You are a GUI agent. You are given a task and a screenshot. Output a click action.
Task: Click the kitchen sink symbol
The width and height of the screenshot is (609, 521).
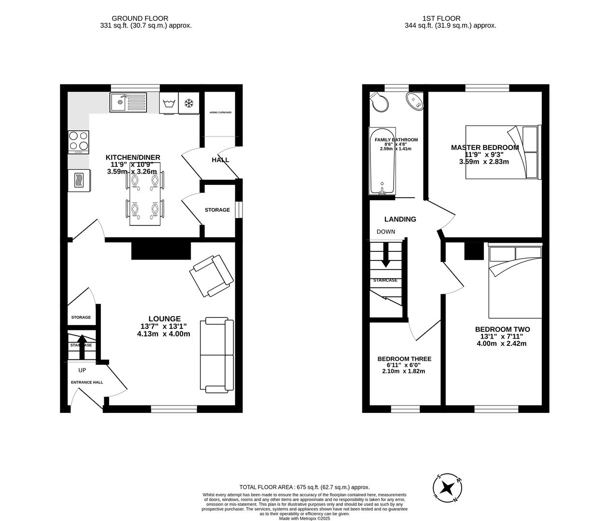(x=127, y=102)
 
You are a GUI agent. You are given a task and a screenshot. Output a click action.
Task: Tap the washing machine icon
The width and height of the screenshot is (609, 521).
(x=169, y=103)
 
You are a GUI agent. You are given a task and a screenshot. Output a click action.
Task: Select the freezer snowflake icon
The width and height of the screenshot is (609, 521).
(x=188, y=103)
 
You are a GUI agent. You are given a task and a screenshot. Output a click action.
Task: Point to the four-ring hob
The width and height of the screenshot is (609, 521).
(x=78, y=142)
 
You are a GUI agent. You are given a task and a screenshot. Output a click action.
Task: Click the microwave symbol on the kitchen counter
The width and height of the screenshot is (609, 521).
(x=79, y=180)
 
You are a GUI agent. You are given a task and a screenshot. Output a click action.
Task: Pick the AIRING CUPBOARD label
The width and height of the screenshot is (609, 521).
(x=220, y=112)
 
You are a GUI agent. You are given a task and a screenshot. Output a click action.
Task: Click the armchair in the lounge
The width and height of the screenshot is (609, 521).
(x=211, y=276)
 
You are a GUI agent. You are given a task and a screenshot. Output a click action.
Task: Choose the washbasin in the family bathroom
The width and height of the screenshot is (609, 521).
(x=415, y=101)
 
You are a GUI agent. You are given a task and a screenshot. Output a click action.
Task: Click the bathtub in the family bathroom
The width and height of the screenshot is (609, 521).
(x=382, y=162)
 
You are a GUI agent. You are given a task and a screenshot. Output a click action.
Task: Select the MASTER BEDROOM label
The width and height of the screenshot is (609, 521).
(x=484, y=148)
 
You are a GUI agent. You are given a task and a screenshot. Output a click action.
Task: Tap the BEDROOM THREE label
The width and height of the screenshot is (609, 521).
(x=404, y=359)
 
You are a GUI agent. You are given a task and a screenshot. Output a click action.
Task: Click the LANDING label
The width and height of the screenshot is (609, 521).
(x=400, y=219)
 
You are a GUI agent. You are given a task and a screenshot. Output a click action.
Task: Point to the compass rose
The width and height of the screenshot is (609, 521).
(x=449, y=487)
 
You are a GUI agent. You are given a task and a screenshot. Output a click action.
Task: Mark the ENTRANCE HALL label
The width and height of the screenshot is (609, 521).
(x=87, y=383)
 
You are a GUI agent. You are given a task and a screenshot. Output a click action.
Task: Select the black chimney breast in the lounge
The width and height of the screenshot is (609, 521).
(x=161, y=251)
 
